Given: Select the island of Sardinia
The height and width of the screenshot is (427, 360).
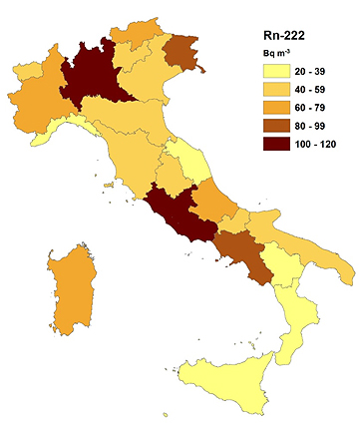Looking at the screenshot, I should (67, 289).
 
